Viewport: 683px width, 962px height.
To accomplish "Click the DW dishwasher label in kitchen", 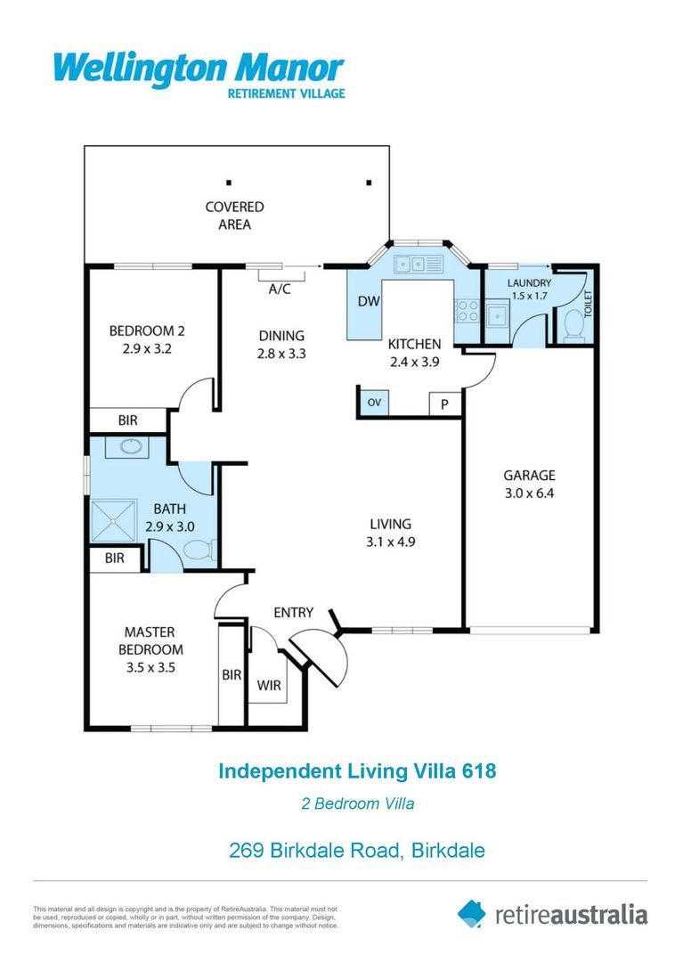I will pyautogui.click(x=369, y=301).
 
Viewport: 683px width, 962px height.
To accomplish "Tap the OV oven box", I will pyautogui.click(x=374, y=403).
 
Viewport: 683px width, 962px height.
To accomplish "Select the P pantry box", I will pyautogui.click(x=443, y=404).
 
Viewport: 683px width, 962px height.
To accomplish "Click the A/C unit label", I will pyautogui.click(x=279, y=289).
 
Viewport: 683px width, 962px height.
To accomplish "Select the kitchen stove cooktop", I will pyautogui.click(x=466, y=311).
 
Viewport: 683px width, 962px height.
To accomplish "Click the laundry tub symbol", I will pyautogui.click(x=496, y=316).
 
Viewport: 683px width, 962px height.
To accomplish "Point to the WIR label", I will pyautogui.click(x=269, y=686).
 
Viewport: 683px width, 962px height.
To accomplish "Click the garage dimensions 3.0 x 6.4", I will pyautogui.click(x=529, y=493).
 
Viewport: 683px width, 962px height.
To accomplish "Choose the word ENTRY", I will pyautogui.click(x=294, y=612).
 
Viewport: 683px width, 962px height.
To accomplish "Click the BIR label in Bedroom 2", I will pyautogui.click(x=127, y=420).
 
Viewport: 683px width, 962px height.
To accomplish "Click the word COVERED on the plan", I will pyautogui.click(x=234, y=207).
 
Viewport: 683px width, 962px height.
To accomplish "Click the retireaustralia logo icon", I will pyautogui.click(x=473, y=913).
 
